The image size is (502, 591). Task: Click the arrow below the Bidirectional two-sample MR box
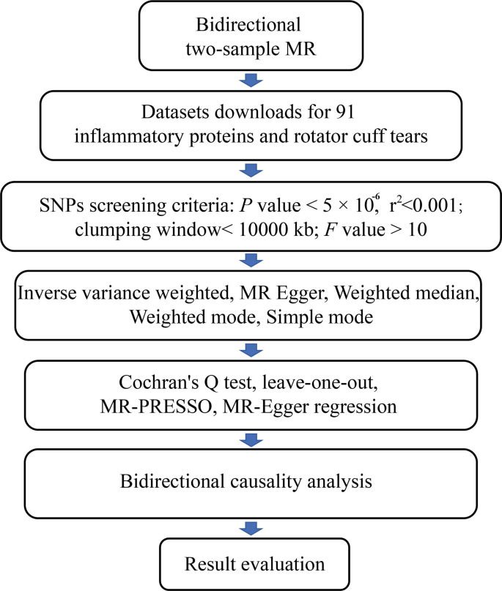pyautogui.click(x=250, y=78)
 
